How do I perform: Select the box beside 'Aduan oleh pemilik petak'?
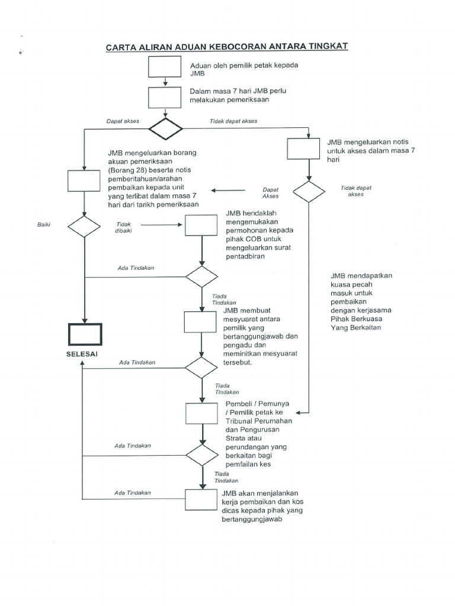point(165,67)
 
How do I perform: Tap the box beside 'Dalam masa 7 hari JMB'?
point(165,97)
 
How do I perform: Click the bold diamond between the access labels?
point(165,128)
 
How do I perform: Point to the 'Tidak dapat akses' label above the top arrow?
point(233,121)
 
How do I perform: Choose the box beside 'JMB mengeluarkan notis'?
point(303,149)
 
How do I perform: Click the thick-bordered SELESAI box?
point(84,334)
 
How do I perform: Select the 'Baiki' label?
point(44,225)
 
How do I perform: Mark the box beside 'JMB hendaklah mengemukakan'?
point(202,225)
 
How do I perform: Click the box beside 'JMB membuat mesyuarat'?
point(200,322)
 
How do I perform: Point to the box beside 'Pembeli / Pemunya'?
point(201,414)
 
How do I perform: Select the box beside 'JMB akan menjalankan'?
point(201,499)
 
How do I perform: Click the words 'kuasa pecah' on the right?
point(350,285)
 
